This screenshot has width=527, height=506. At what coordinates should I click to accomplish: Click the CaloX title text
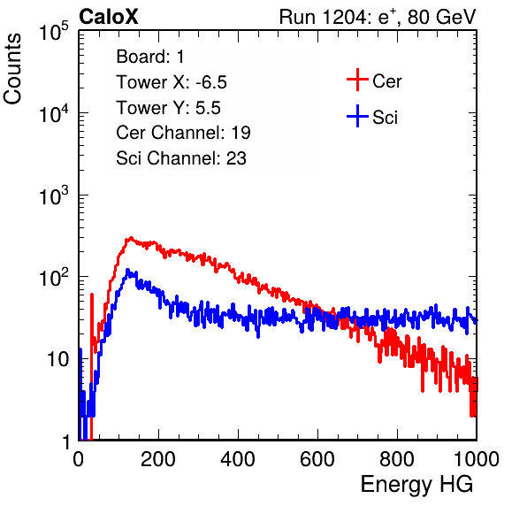coord(109,17)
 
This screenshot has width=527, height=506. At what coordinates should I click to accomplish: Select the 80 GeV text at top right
coord(442,17)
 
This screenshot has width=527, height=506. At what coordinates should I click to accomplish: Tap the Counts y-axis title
coord(12,69)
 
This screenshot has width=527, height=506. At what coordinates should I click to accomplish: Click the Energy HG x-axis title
coord(416,485)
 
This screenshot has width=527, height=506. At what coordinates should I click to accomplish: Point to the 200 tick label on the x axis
coord(158,459)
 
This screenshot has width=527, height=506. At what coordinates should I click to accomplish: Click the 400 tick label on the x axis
coord(238,459)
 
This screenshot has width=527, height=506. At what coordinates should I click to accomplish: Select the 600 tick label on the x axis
coord(317,459)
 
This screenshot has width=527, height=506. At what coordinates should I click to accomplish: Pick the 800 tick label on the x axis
coord(397,459)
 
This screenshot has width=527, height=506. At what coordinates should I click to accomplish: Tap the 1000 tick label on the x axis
coord(477,459)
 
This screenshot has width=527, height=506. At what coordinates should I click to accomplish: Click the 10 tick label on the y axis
coord(58,359)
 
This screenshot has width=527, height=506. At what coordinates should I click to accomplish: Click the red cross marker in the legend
coord(357,80)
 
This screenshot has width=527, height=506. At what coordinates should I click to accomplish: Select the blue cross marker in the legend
coord(357,116)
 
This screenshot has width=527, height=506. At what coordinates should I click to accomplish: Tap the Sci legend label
coord(386,118)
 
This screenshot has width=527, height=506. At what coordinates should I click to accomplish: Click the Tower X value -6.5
coord(211,82)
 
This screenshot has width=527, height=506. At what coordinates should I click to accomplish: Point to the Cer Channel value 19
coord(241,133)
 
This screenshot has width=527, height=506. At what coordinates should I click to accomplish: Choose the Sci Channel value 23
coord(236,158)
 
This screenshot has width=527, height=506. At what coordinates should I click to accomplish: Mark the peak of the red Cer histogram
coord(131,237)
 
